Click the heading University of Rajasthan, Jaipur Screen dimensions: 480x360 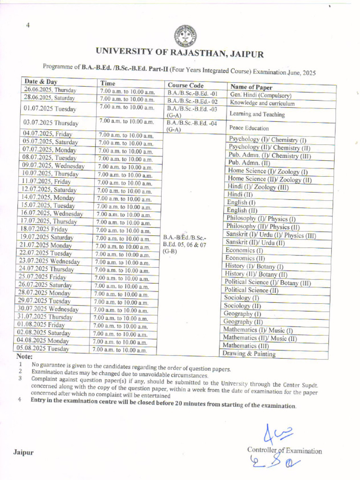click(x=180, y=52)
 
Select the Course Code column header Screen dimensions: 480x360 click(x=186, y=85)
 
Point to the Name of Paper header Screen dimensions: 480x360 click(x=251, y=87)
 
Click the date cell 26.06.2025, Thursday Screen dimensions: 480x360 click(x=50, y=90)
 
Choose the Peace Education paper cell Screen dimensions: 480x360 click(x=249, y=128)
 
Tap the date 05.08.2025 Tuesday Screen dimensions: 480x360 click(x=43, y=348)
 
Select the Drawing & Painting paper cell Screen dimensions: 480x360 click(x=249, y=354)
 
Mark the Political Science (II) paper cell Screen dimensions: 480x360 click(x=251, y=290)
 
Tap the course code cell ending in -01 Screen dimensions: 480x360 click(x=192, y=93)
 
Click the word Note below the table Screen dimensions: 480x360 click(x=24, y=356)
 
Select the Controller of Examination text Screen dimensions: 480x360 click(x=285, y=451)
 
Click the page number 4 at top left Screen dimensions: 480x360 click(x=28, y=25)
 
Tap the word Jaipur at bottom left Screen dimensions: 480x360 click(x=23, y=453)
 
